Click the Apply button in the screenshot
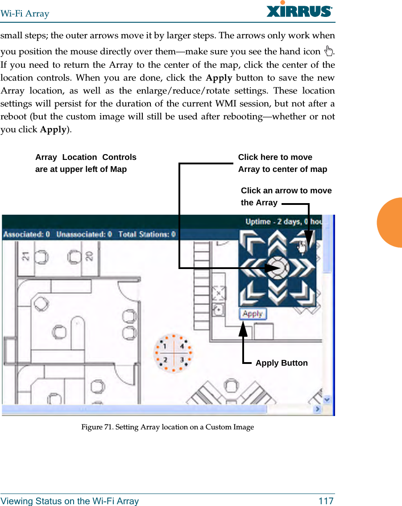click(253, 314)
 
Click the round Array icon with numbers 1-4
click(173, 353)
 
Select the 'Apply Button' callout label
click(282, 363)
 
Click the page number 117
click(326, 501)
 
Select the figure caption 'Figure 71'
click(167, 427)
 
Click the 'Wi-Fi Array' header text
click(25, 14)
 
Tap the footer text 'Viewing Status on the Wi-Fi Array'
click(70, 501)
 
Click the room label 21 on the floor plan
click(26, 256)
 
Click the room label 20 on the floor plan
click(89, 256)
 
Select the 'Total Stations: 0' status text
click(147, 234)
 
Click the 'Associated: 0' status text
click(27, 234)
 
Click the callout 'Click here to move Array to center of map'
click(282, 163)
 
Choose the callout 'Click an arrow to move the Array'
click(286, 196)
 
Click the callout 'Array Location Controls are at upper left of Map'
click(86, 163)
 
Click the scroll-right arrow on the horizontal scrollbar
click(318, 409)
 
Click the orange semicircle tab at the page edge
click(391, 222)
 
